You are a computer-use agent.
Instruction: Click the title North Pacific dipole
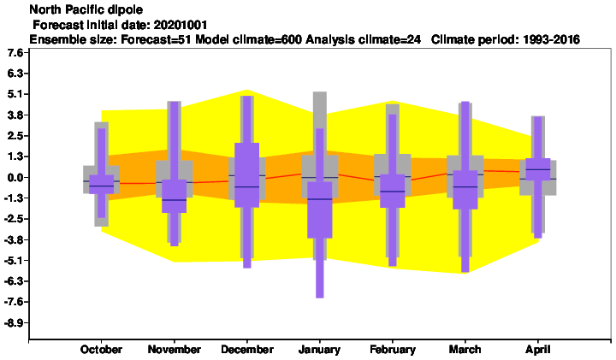[86, 9]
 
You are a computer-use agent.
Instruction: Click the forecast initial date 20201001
[181, 25]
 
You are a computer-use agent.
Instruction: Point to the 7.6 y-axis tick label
[15, 53]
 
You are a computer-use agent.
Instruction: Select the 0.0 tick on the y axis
[15, 178]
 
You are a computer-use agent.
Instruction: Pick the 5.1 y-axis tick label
[15, 94]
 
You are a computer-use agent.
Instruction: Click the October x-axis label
[101, 350]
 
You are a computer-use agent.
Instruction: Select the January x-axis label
[319, 350]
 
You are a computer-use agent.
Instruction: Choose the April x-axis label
[538, 350]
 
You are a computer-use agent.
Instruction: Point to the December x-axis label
[247, 350]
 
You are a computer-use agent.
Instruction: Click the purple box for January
[320, 210]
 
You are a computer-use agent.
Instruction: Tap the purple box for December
[247, 175]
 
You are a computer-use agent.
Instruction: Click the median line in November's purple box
[174, 200]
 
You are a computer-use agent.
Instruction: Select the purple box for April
[538, 169]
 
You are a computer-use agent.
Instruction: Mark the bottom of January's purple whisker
[320, 298]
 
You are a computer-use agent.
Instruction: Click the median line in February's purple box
[393, 192]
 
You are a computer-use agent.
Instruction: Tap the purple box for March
[465, 190]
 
